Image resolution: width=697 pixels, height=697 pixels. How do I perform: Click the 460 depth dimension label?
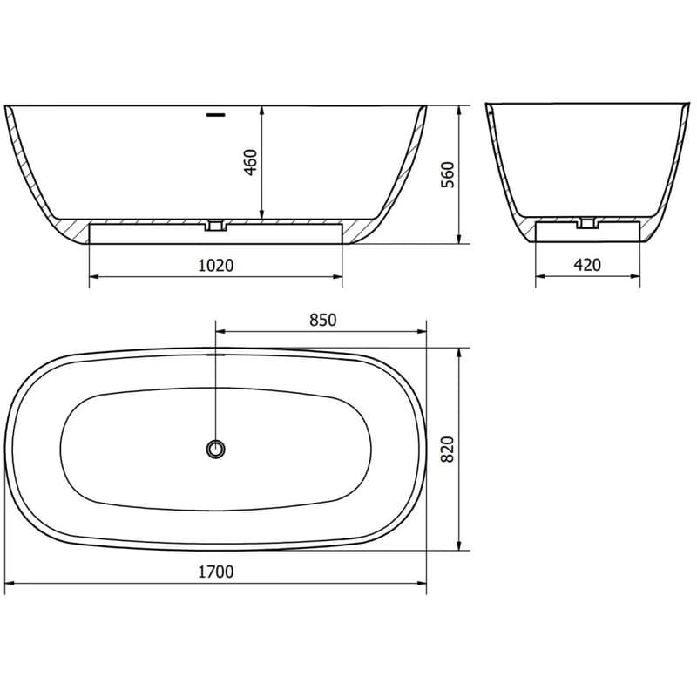pos(251,163)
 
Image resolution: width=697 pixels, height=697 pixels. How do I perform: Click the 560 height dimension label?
pos(448,175)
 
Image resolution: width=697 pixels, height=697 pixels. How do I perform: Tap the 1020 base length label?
pos(215,266)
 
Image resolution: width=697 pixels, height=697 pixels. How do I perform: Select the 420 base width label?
pos(587,265)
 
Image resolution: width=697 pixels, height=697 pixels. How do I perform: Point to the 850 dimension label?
pos(323,320)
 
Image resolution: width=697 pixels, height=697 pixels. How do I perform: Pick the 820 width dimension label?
pos(448,450)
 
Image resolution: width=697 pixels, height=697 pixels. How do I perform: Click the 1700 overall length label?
pos(215,572)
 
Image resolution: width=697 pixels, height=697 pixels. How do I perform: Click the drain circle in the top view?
pos(215,450)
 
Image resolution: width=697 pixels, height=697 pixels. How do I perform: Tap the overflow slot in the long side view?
pos(216,115)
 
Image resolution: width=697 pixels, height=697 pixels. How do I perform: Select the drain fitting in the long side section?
pos(215,226)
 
